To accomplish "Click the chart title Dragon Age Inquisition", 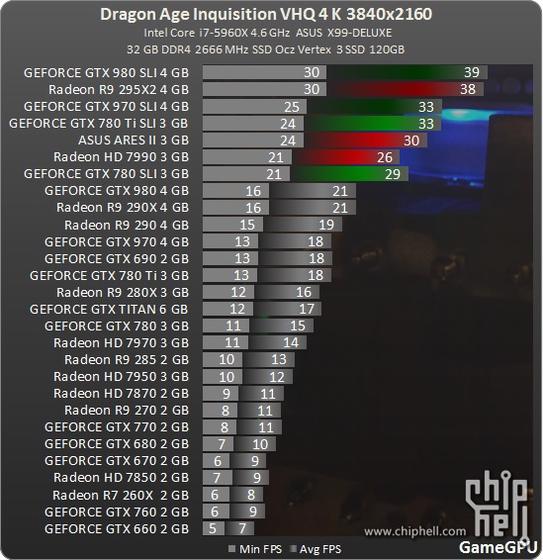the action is coord(188,15).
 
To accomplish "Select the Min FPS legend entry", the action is coord(255,549).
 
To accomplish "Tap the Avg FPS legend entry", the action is coord(316,549).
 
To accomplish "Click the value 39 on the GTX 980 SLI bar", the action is coord(471,72).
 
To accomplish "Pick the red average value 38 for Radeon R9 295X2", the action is coord(468,89).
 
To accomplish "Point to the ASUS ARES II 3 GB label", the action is coord(134,140).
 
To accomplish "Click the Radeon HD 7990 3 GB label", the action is coord(121,156).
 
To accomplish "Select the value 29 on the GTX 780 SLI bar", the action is coord(393,174).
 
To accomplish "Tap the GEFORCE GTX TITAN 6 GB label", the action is coord(109,310).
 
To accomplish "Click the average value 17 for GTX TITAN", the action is coord(307,309).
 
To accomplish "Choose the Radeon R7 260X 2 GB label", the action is coord(121,496).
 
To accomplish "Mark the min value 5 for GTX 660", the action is coord(213,528).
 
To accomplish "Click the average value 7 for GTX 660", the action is coord(242,528).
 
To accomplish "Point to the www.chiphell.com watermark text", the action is coord(414,531).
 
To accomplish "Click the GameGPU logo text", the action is coord(498,547).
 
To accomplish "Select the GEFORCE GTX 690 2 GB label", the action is coord(117,258).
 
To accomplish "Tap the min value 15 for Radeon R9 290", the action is coord(247,225).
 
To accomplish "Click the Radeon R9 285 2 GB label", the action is coord(127,359).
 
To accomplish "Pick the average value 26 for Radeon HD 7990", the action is coord(385,157).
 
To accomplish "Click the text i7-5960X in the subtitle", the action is coord(224,33).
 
